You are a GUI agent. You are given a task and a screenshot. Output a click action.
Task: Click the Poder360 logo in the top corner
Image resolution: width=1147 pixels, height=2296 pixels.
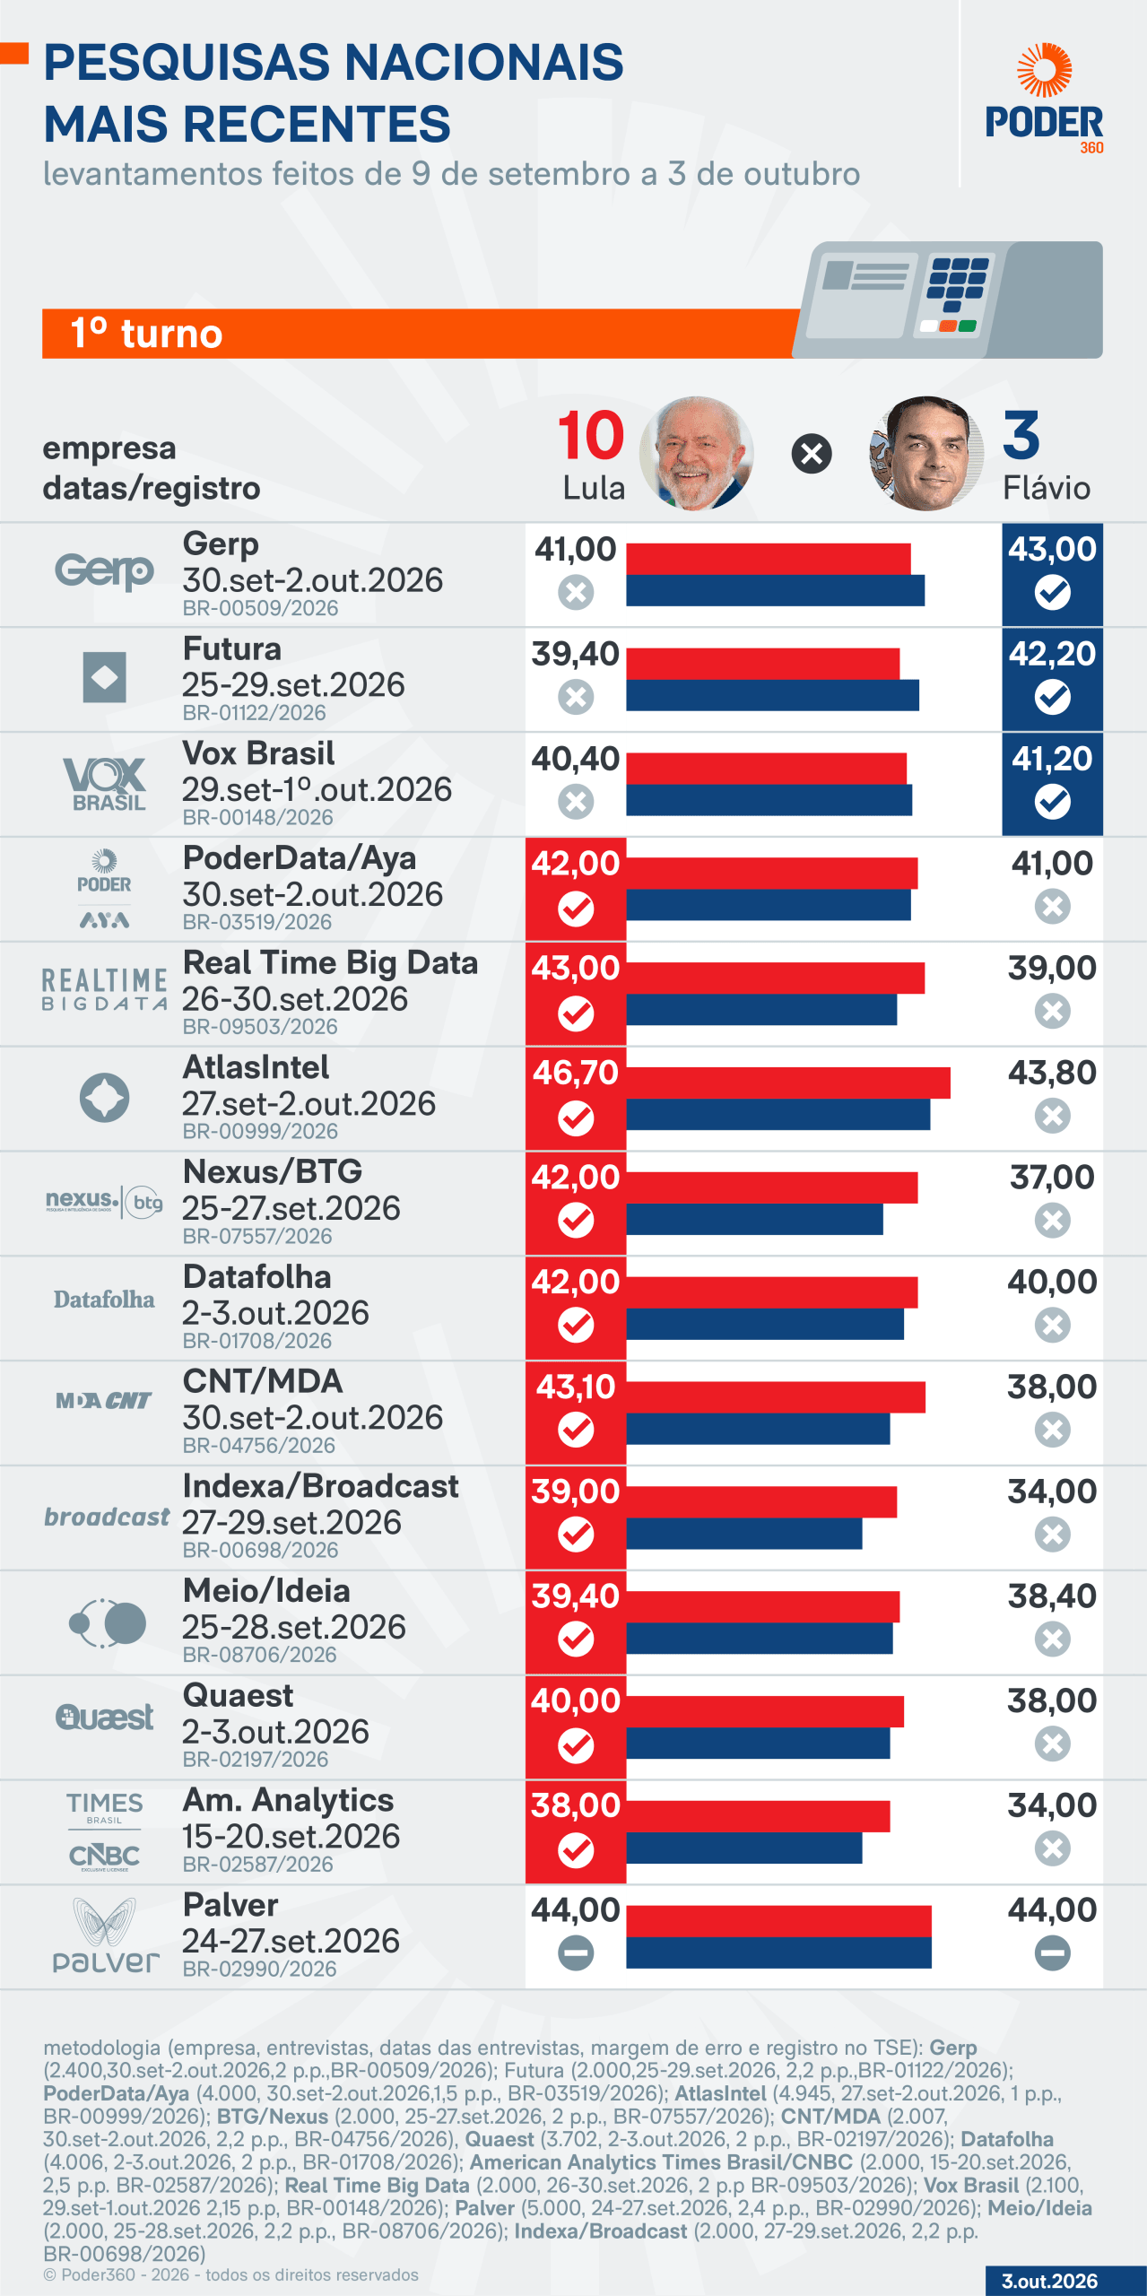[1044, 99]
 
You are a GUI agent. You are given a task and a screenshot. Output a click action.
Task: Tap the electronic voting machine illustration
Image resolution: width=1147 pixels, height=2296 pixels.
[949, 300]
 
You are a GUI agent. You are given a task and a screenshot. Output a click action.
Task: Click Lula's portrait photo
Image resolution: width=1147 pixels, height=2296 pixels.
[696, 454]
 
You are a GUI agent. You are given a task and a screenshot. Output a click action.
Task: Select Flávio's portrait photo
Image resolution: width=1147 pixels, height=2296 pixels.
[926, 454]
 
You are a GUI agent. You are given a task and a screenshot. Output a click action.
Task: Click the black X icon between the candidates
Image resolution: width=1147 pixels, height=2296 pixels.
[812, 454]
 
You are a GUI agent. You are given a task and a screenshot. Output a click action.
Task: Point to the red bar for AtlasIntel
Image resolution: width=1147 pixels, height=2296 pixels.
[788, 1083]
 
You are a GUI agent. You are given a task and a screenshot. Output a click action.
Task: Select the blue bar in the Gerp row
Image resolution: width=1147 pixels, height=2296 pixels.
[775, 590]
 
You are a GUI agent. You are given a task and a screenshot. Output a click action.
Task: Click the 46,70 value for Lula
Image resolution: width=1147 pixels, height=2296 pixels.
[576, 1073]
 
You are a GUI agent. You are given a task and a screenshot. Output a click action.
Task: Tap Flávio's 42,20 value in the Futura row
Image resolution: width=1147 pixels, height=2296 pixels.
[1052, 654]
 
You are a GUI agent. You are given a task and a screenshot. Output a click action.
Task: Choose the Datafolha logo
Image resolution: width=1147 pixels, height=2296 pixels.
[104, 1300]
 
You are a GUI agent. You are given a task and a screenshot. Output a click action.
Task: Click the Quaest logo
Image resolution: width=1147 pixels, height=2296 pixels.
[104, 1718]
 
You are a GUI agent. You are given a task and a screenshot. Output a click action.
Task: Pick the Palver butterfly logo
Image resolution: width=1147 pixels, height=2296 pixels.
[106, 1935]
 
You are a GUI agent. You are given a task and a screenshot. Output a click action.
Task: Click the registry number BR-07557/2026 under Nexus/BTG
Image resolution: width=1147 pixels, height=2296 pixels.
[257, 1236]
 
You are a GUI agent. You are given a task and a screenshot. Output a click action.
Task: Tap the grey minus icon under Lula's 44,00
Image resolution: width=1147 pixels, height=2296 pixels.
[576, 1952]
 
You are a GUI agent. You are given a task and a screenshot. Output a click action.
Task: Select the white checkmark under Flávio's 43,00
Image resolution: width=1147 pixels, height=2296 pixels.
[1052, 592]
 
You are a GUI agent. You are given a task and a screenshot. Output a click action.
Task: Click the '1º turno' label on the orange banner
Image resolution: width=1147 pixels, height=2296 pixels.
[146, 334]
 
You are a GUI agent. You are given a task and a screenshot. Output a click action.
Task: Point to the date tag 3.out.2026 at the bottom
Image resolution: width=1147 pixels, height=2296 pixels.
[1049, 2281]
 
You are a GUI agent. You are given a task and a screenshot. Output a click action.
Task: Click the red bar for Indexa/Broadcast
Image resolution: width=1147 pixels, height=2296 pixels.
[761, 1501]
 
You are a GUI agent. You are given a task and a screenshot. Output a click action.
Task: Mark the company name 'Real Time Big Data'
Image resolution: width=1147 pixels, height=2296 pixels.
[330, 962]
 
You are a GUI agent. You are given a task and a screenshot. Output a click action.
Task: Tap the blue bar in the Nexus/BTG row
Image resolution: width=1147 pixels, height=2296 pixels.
[754, 1219]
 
